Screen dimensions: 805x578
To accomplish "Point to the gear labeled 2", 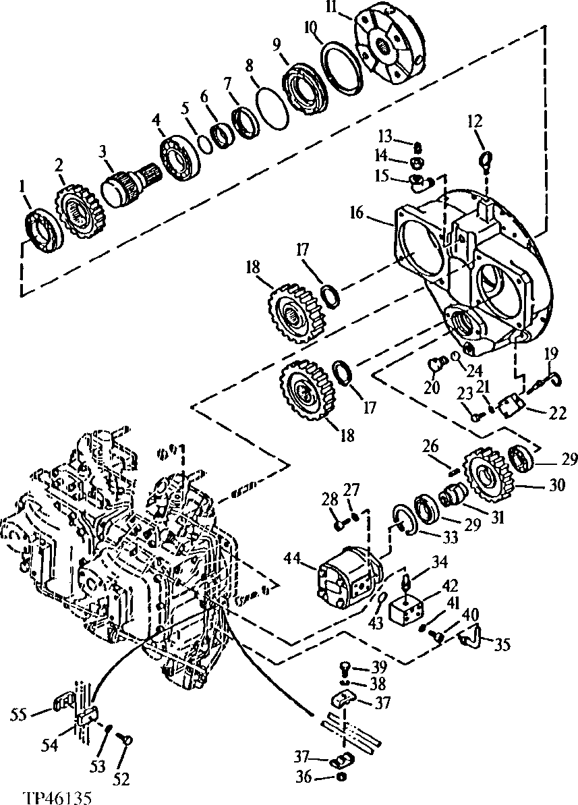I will coord(80,209).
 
